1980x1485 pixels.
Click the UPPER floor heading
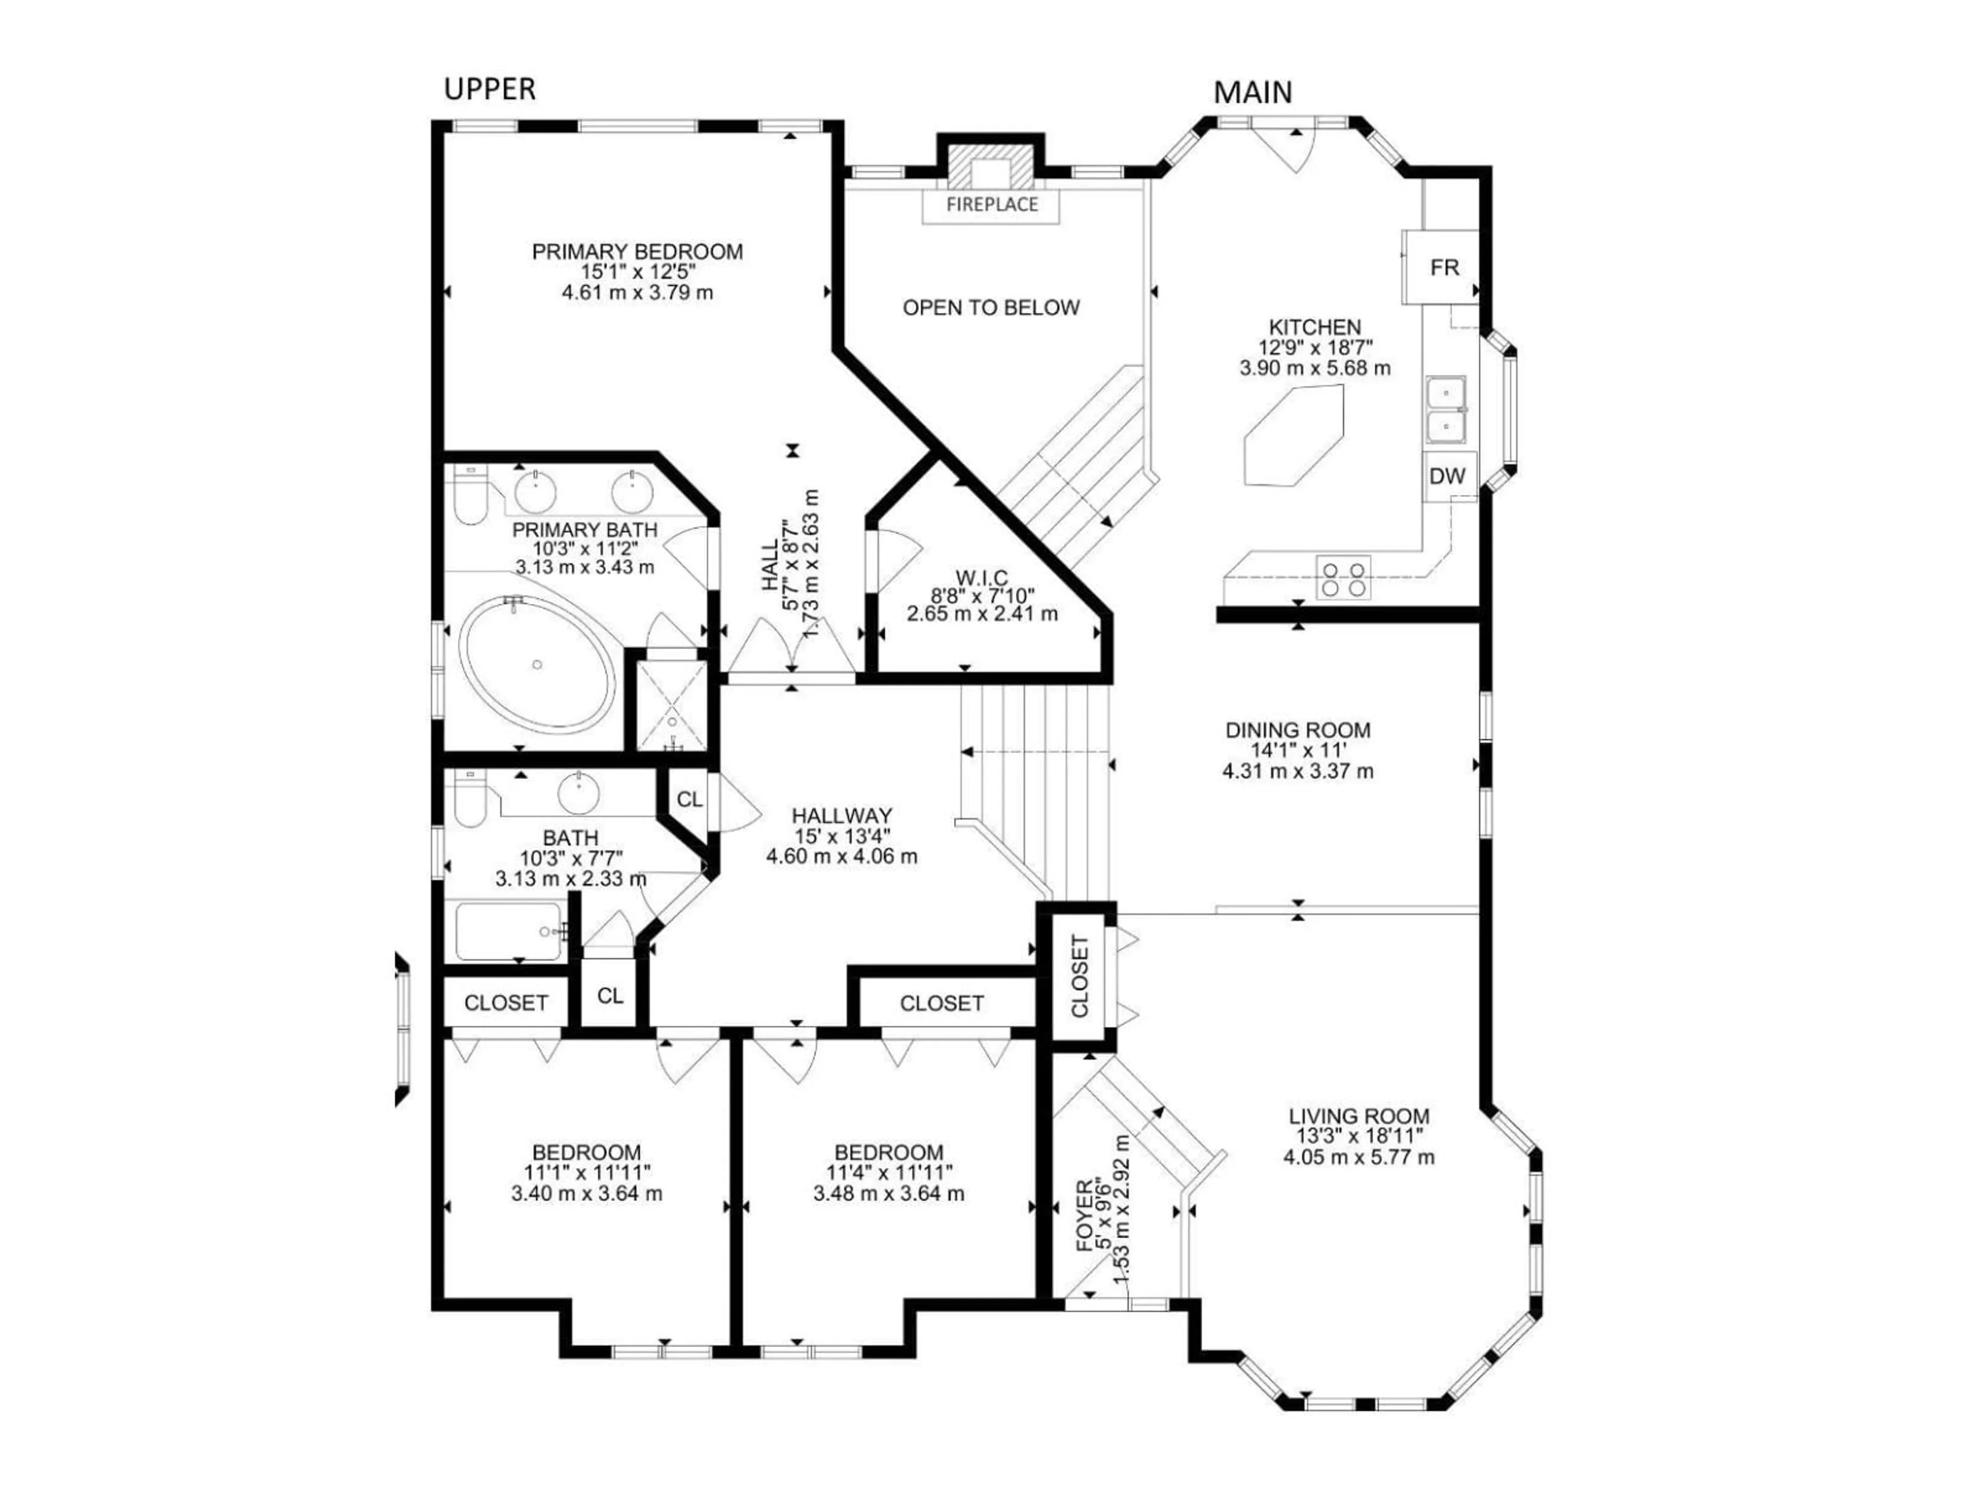coord(490,90)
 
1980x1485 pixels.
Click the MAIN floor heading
coord(1252,92)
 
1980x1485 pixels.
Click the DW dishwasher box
coord(1446,476)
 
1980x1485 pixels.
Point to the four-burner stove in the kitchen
coord(1342,578)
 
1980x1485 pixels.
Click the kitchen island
coord(1293,436)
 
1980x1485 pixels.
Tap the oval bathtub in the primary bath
coord(537,663)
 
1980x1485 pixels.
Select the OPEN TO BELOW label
coord(991,308)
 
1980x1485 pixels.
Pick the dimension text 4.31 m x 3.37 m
coord(1297,771)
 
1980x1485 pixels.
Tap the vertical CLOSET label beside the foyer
coord(1080,977)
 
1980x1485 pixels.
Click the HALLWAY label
coord(841,815)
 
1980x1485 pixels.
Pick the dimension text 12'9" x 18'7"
coord(1315,348)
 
